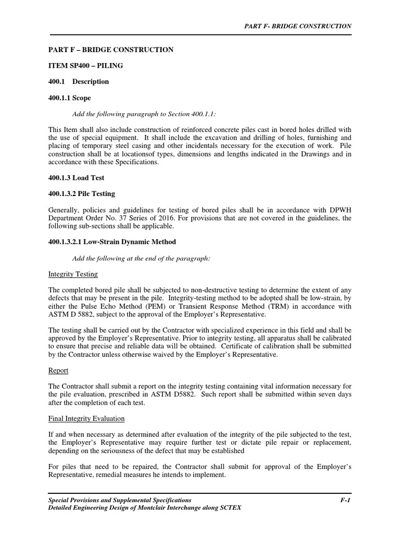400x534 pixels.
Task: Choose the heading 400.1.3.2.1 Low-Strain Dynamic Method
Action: (112, 242)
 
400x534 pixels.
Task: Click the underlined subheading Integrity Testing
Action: (73, 274)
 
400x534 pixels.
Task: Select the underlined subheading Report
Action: (58, 371)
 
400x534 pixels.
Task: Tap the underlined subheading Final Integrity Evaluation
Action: (86, 419)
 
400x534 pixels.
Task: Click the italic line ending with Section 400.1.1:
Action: (143, 114)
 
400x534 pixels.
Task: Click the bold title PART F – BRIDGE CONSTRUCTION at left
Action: (111, 50)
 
